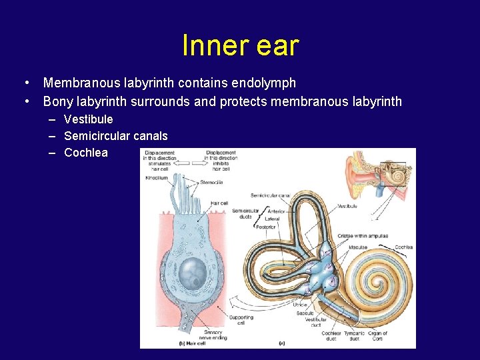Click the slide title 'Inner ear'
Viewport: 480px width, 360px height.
[x=240, y=46]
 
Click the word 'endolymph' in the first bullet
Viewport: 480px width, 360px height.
[x=263, y=83]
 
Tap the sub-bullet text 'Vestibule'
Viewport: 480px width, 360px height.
[x=89, y=119]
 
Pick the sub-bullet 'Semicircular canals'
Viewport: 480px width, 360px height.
[x=115, y=136]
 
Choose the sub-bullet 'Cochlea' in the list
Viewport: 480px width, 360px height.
[x=85, y=153]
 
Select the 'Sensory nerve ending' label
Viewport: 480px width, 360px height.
[x=213, y=335]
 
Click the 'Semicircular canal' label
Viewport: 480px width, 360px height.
[x=270, y=195]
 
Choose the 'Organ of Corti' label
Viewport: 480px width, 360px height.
[x=377, y=336]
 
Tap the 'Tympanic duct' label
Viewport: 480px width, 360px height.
[x=354, y=336]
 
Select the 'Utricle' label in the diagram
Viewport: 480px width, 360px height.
[x=300, y=305]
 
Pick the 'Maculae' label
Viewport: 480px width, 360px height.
[x=357, y=247]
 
